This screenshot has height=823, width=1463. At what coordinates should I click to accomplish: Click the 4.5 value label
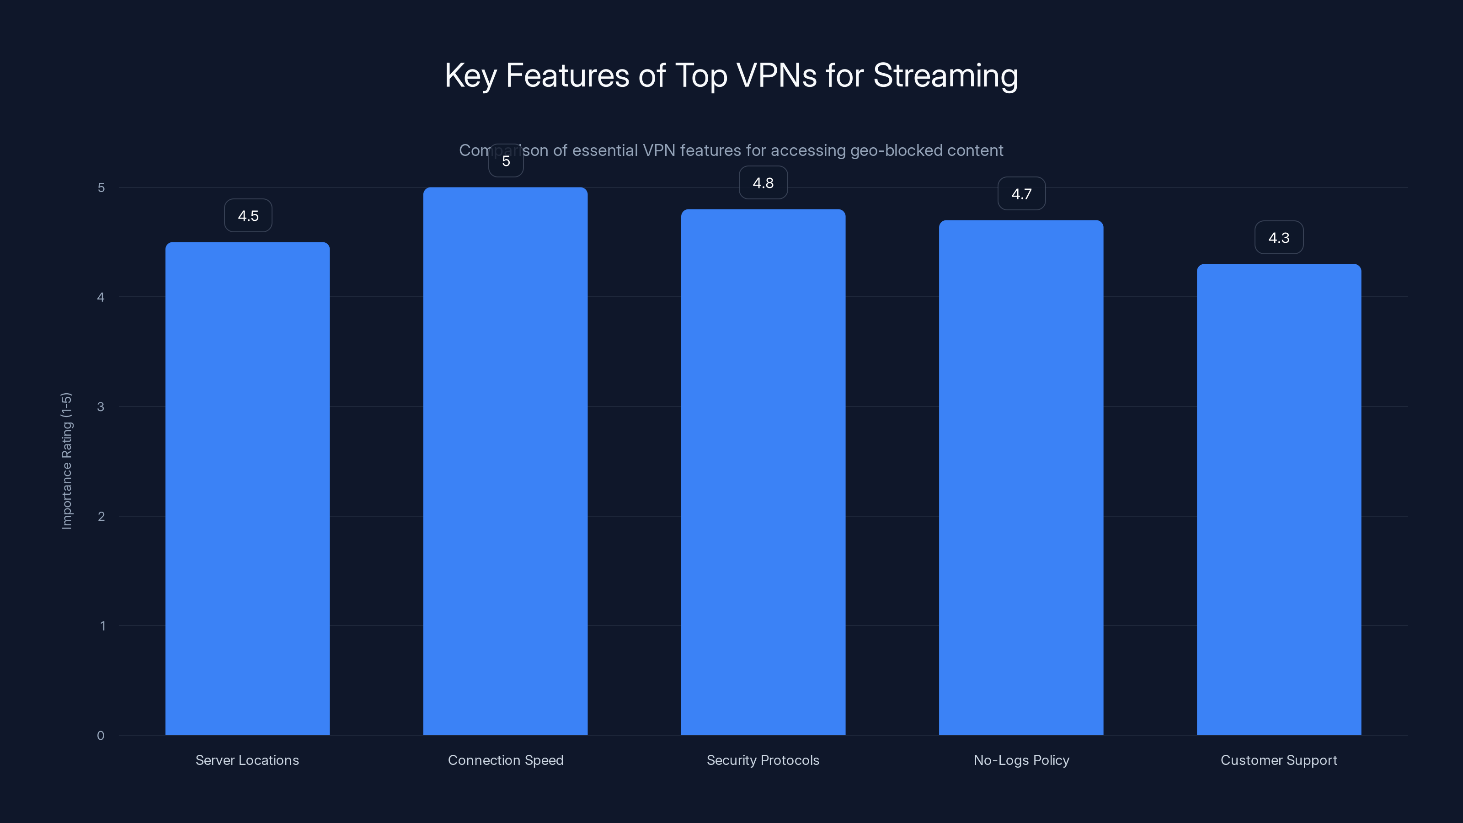[248, 216]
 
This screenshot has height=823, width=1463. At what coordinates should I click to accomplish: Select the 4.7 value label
[1021, 194]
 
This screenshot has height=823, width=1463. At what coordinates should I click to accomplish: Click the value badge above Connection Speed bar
[506, 161]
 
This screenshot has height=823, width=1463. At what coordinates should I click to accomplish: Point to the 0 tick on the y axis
[101, 736]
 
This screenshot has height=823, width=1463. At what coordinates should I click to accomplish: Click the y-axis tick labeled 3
[101, 406]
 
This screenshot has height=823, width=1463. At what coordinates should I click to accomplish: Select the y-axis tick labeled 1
[102, 626]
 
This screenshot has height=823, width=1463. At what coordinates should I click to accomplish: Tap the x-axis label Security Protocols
[763, 760]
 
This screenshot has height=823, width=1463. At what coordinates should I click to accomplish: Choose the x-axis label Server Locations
[247, 760]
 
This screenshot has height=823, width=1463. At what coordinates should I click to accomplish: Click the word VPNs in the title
[776, 75]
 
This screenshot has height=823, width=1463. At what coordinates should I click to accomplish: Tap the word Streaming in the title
[945, 75]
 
